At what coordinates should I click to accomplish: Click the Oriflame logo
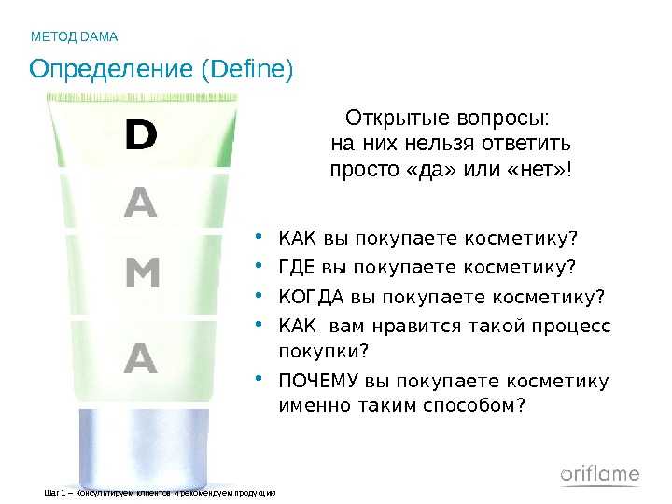click(x=600, y=474)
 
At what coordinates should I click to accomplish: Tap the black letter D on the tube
click(x=141, y=134)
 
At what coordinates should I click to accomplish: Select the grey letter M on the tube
click(x=143, y=273)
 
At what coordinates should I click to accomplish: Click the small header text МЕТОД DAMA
click(x=74, y=36)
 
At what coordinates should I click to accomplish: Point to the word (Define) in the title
click(x=247, y=69)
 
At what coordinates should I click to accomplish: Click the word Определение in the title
click(x=111, y=69)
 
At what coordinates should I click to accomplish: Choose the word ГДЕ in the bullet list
click(x=297, y=267)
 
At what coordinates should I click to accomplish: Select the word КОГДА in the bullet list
click(x=311, y=297)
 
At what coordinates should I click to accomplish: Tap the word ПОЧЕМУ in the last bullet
click(x=318, y=380)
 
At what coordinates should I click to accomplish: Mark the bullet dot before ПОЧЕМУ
click(x=259, y=378)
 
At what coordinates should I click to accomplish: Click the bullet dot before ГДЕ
click(x=259, y=265)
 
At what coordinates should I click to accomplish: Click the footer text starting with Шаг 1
click(x=160, y=494)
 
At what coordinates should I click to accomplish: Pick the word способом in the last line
click(x=473, y=405)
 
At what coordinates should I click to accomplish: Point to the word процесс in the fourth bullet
click(x=571, y=327)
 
